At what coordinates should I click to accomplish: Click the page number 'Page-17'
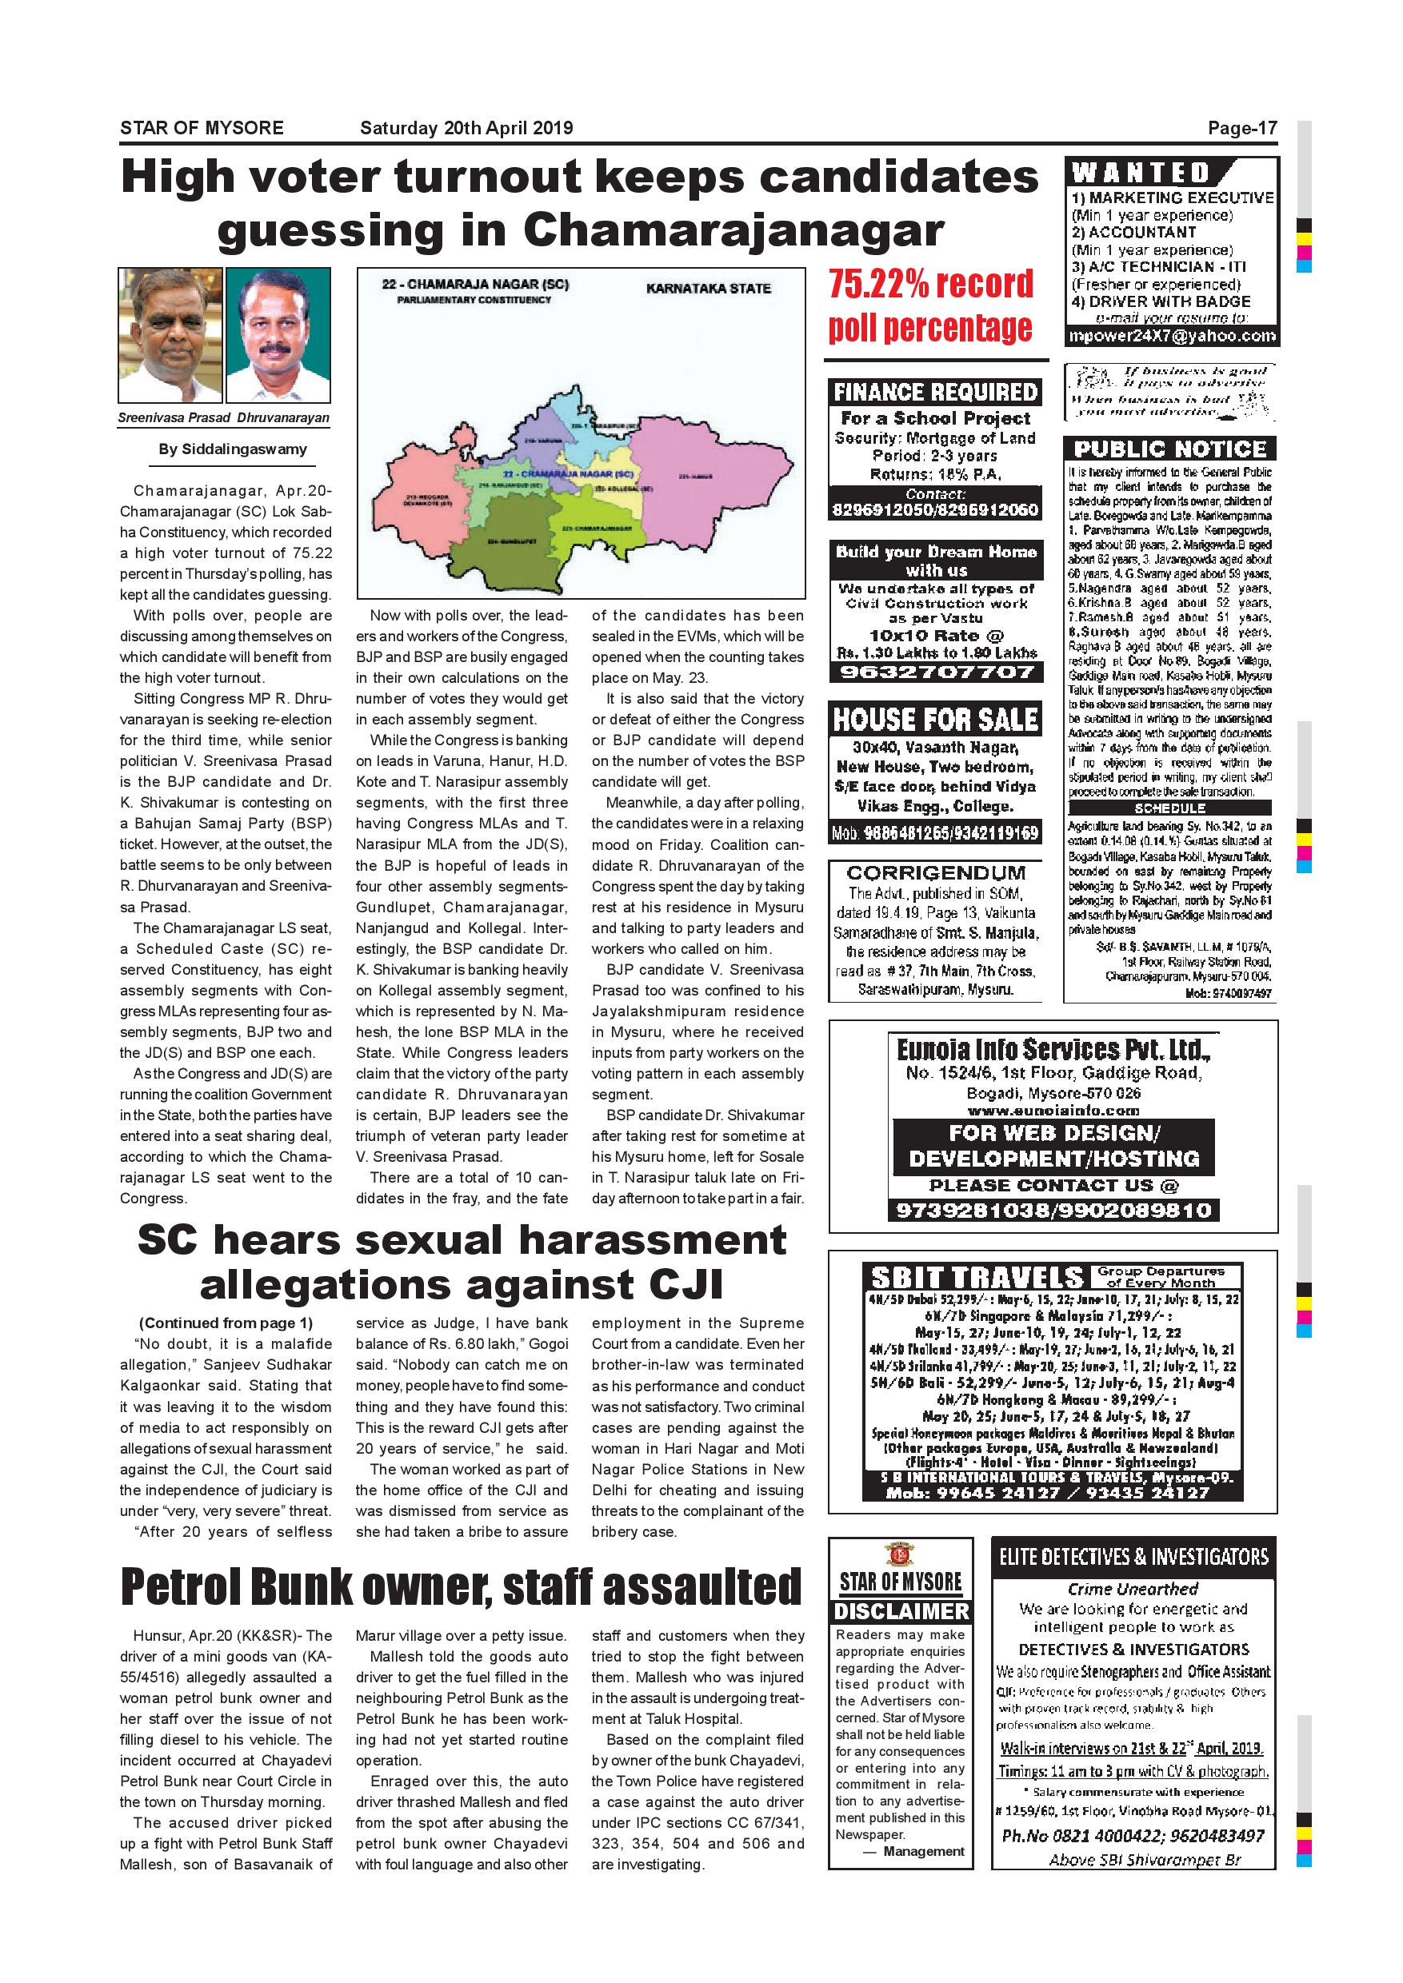pos(1241,129)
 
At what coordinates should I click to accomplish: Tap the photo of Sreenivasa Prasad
pos(170,335)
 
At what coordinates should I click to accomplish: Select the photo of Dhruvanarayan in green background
pos(278,335)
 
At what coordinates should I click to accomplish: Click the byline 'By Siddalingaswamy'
pos(233,449)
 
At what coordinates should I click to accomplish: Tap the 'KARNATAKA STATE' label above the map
pos(709,289)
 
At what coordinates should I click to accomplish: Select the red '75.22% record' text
pos(930,284)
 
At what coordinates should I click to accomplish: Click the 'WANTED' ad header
pos(1141,173)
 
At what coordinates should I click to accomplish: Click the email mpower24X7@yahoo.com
pos(1172,336)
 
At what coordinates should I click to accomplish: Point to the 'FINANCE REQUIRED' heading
pos(936,393)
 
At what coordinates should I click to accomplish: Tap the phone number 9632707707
pos(936,672)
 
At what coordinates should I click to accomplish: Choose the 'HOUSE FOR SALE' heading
pos(936,720)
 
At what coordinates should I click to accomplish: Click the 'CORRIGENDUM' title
pos(936,873)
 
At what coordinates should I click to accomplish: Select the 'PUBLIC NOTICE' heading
pos(1169,449)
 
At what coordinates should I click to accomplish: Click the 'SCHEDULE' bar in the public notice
pos(1169,808)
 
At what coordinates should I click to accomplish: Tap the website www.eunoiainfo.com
pos(1053,1111)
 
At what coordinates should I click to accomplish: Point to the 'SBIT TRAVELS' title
pos(976,1279)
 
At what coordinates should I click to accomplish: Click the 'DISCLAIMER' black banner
pos(901,1612)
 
